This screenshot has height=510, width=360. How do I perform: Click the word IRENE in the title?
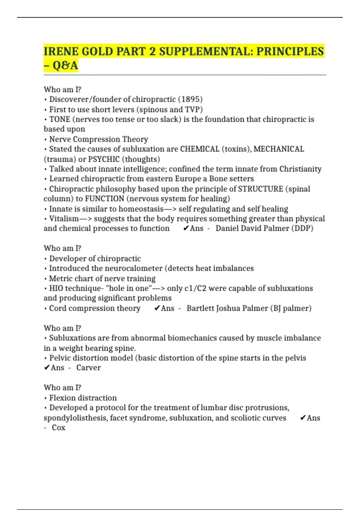point(61,51)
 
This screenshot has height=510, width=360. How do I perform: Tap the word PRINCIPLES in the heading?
point(290,51)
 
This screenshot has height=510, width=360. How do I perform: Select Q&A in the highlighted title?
point(65,65)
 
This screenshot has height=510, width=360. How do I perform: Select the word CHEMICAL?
point(199,149)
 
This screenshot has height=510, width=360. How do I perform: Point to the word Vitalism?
point(64,219)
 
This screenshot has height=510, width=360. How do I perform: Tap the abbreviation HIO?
point(56,288)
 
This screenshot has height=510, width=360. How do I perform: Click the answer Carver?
point(88,368)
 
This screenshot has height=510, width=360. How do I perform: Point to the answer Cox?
point(58,427)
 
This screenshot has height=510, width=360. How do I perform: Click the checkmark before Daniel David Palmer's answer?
point(186,229)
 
